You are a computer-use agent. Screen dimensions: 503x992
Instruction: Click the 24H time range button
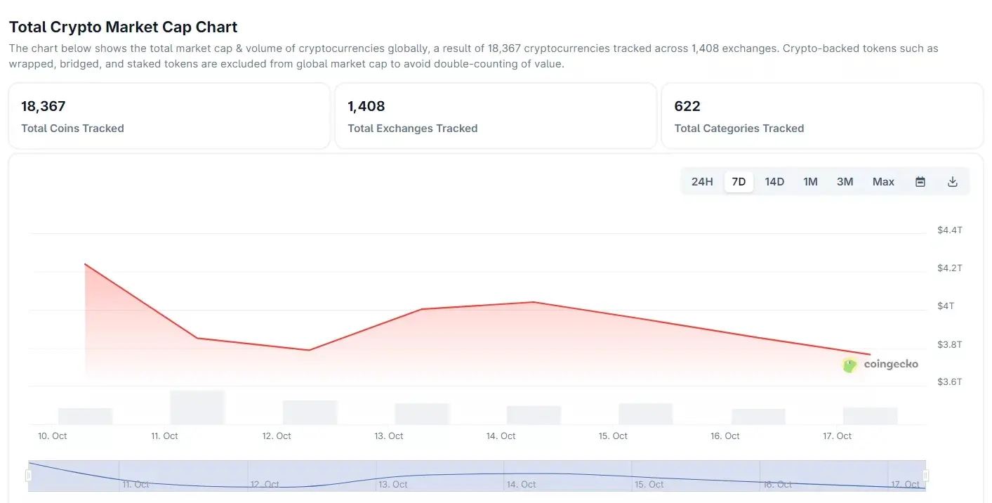click(702, 182)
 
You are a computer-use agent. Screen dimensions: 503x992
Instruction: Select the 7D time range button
click(739, 182)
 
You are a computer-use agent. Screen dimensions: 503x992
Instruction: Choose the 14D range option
click(774, 182)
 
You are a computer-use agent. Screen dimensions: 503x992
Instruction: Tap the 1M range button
click(810, 182)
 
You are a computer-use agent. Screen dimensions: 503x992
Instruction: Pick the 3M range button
click(845, 182)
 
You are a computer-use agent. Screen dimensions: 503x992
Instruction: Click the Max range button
click(883, 182)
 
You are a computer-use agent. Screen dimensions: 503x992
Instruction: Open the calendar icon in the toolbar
click(920, 182)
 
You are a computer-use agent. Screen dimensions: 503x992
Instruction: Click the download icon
click(953, 182)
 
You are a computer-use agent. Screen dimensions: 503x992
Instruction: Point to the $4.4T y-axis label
click(950, 230)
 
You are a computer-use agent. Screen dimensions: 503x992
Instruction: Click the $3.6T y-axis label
click(950, 382)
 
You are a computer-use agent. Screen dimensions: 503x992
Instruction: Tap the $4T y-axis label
click(946, 306)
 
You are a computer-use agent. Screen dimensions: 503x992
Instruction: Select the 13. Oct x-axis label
click(388, 436)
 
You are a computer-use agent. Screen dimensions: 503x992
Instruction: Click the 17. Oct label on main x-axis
click(837, 436)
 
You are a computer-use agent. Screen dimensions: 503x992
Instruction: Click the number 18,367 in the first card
click(44, 107)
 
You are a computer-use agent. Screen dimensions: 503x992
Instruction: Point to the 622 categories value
click(687, 107)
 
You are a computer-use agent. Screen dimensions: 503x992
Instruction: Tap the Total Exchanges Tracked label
click(413, 129)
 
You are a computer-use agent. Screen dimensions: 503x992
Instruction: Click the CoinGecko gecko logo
click(849, 365)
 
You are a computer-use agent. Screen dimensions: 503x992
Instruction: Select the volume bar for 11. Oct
click(197, 407)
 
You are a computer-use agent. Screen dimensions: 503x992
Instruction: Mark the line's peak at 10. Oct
click(85, 264)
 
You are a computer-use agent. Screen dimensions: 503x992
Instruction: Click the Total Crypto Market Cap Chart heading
click(124, 27)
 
